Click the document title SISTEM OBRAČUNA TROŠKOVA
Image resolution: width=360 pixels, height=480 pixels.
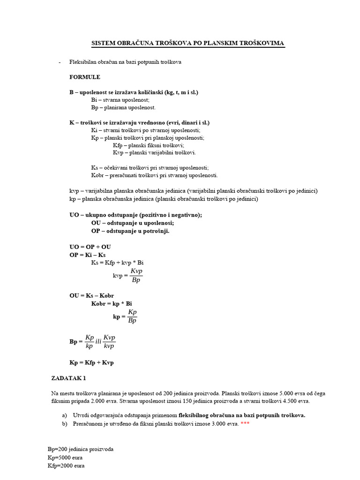coord(187,44)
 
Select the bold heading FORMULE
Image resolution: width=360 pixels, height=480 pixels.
coord(85,77)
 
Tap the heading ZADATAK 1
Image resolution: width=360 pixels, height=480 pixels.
coord(68,377)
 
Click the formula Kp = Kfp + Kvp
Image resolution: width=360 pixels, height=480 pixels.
coord(91,362)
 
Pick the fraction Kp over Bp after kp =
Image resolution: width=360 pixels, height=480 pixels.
coord(132,316)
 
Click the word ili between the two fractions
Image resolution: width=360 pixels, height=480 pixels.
coord(98,342)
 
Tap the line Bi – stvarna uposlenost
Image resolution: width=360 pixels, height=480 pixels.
coord(120,100)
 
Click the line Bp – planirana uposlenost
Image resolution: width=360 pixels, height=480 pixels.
coord(123,107)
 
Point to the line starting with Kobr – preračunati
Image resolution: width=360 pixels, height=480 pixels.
coord(154,175)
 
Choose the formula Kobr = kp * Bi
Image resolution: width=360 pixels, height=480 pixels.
coord(112,303)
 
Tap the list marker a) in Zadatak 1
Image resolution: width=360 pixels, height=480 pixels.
coord(64,415)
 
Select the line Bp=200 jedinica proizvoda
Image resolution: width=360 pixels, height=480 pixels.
coord(80,449)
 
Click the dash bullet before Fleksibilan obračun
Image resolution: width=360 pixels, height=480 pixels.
coord(59,62)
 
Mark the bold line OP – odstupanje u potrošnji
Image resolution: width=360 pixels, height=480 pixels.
coord(130,231)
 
